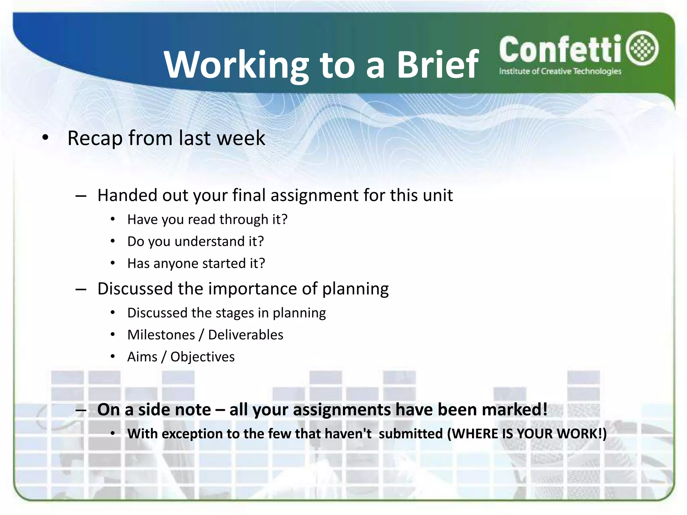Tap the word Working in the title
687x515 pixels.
pos(236,65)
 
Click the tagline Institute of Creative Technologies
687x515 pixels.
pos(560,71)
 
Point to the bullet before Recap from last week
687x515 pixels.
pos(46,137)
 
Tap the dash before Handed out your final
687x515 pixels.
pos(81,195)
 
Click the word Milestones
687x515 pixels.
pos(161,335)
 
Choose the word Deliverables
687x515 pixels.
pos(246,335)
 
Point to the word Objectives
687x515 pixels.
pos(202,357)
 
